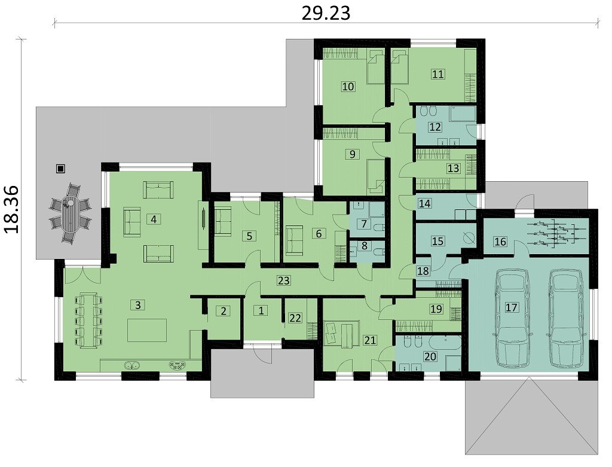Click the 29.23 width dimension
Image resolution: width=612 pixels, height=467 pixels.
326,13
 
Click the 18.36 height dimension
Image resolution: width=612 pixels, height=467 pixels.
11,209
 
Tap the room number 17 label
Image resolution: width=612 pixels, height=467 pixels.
512,308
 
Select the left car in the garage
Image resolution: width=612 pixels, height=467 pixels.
512,318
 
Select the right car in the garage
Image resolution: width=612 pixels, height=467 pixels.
568,318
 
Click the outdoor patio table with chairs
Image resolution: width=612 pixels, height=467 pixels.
71,214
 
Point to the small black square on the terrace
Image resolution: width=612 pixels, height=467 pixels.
60,169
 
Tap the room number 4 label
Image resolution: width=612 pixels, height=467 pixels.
154,219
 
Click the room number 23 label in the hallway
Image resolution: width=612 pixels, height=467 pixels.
284,280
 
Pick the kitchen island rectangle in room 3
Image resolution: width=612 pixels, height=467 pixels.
147,330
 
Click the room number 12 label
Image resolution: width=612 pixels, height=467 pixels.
435,127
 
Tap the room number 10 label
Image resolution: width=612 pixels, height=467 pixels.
348,86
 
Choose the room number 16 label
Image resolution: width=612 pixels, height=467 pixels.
500,242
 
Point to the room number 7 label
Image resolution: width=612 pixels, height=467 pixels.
364,224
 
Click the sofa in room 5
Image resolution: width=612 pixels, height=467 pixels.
223,221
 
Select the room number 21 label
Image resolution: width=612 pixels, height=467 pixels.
369,340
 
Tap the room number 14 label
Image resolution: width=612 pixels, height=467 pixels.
424,203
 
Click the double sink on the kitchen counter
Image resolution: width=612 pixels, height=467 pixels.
133,366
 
